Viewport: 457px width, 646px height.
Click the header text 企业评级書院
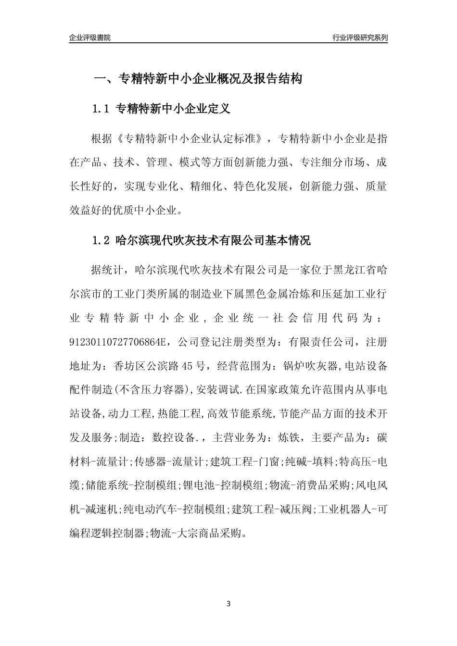(90, 37)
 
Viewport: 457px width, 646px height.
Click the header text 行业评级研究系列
(360, 37)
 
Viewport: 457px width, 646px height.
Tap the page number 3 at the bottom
(228, 603)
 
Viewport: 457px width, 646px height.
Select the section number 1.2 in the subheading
(102, 240)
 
